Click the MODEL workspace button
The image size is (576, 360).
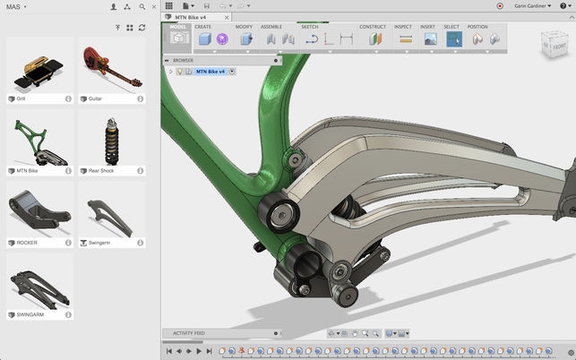tap(180, 36)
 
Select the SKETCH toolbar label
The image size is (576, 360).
tap(310, 27)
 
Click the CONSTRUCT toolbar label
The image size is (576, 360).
tap(373, 27)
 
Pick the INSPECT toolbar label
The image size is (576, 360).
tap(403, 27)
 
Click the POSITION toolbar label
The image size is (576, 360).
tap(477, 27)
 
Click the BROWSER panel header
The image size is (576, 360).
tap(183, 60)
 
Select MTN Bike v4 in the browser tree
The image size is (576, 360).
tap(212, 71)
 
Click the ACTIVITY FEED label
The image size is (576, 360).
tap(190, 333)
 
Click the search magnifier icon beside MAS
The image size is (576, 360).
tap(142, 6)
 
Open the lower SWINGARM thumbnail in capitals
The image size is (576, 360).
tap(39, 286)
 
